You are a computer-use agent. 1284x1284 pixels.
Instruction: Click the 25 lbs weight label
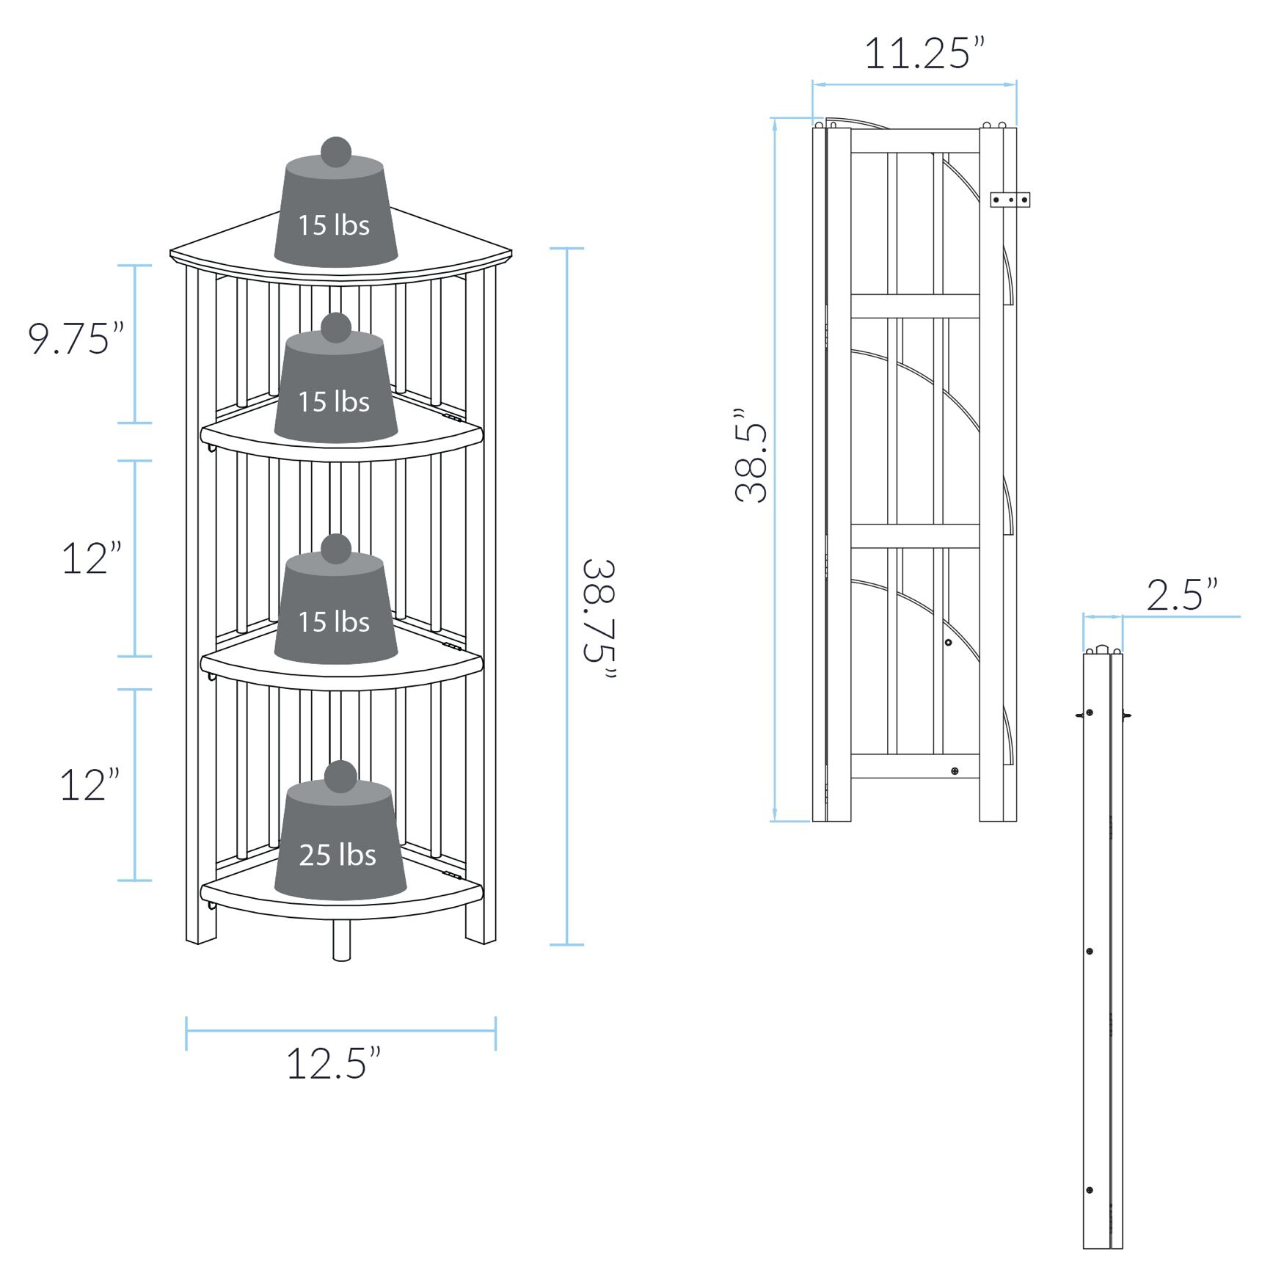[x=337, y=856]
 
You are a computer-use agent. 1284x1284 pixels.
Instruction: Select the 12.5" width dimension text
[x=334, y=1064]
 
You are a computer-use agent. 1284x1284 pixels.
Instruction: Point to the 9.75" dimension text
[x=76, y=339]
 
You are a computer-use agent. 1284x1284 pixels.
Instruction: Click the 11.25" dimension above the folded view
[x=924, y=54]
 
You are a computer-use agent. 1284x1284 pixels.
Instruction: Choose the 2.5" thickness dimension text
[x=1182, y=595]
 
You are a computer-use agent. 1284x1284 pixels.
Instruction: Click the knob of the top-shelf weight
[x=336, y=152]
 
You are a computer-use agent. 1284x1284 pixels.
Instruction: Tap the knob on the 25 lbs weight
[x=340, y=776]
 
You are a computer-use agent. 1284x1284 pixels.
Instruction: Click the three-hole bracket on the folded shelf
[x=1010, y=200]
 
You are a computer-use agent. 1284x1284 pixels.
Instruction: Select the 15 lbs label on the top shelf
[x=334, y=225]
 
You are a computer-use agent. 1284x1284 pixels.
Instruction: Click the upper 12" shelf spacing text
[x=91, y=559]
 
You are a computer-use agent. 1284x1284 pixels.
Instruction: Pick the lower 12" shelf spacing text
[x=90, y=785]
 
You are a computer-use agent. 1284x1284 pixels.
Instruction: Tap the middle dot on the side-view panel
[x=1090, y=951]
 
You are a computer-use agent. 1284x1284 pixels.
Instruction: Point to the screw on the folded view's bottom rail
[x=955, y=770]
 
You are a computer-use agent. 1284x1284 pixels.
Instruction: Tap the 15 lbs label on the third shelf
[x=334, y=622]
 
